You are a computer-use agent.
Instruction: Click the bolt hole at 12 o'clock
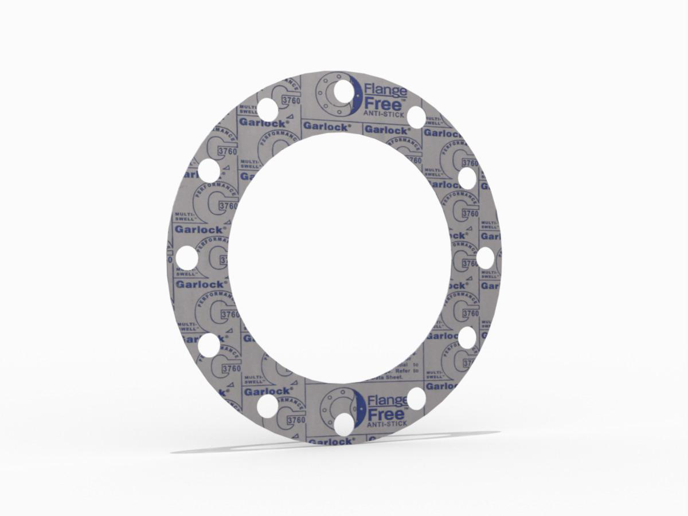[343, 91]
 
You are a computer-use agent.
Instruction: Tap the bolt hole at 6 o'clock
[343, 424]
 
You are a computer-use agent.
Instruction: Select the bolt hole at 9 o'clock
[187, 258]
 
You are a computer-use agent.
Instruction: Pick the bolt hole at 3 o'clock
[484, 257]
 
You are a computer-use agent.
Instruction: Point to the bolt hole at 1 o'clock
[416, 117]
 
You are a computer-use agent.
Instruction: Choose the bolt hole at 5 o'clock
[416, 398]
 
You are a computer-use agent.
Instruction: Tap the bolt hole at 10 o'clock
[209, 171]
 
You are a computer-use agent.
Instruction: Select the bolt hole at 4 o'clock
[467, 338]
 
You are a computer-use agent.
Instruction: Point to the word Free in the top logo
[382, 104]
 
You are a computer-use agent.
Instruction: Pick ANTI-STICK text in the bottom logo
[387, 423]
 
